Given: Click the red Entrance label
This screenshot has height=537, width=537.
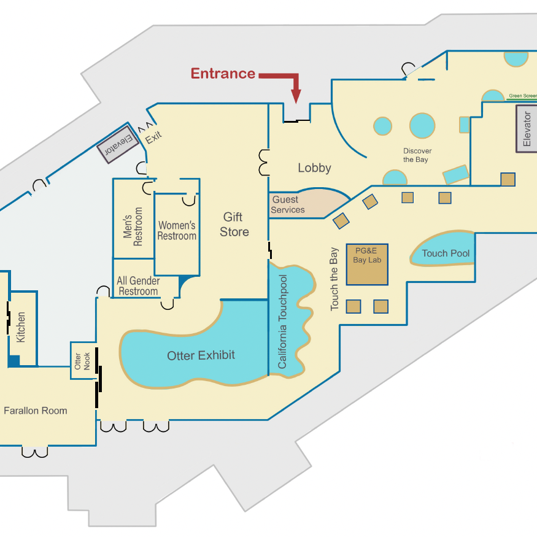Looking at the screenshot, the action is pyautogui.click(x=223, y=74).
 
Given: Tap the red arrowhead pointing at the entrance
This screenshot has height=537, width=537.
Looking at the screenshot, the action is pyautogui.click(x=296, y=96).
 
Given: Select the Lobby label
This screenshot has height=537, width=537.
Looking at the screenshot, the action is pyautogui.click(x=314, y=168).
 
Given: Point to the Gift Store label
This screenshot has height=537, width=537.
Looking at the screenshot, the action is pyautogui.click(x=234, y=225).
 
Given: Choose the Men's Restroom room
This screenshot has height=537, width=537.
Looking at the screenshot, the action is pyautogui.click(x=133, y=218).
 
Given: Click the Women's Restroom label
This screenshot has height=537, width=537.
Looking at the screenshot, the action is pyautogui.click(x=177, y=231).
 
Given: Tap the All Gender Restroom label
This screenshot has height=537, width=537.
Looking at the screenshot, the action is pyautogui.click(x=138, y=286).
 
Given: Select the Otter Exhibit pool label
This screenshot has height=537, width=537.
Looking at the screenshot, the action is pyautogui.click(x=201, y=355).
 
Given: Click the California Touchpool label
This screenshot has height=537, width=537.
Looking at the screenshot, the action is pyautogui.click(x=282, y=322).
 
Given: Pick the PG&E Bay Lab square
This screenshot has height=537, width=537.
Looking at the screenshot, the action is pyautogui.click(x=367, y=265).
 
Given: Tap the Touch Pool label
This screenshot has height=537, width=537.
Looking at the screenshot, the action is pyautogui.click(x=446, y=253).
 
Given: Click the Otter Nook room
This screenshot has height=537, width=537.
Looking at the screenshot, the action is pyautogui.click(x=83, y=361).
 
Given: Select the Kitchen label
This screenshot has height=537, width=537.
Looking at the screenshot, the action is pyautogui.click(x=20, y=327).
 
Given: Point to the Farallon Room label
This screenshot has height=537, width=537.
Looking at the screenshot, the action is pyautogui.click(x=35, y=411).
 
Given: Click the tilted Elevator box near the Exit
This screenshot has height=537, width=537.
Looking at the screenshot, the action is pyautogui.click(x=118, y=144).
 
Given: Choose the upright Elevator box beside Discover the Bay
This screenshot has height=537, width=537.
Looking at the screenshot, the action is pyautogui.click(x=527, y=128).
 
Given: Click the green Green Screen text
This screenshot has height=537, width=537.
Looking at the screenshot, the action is pyautogui.click(x=523, y=96).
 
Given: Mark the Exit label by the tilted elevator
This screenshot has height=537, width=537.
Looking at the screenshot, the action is pyautogui.click(x=153, y=137).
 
